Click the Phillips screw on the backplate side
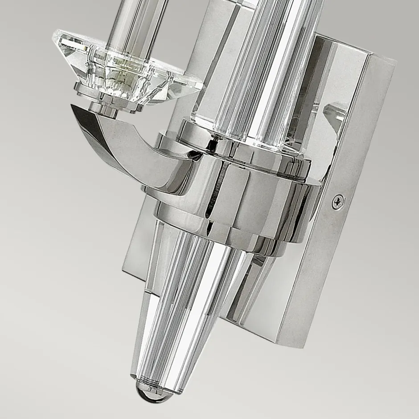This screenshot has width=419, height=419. pyautogui.click(x=338, y=202)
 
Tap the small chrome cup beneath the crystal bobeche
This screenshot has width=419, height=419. pyautogui.click(x=104, y=109)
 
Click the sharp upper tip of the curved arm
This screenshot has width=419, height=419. pyautogui.click(x=74, y=107)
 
